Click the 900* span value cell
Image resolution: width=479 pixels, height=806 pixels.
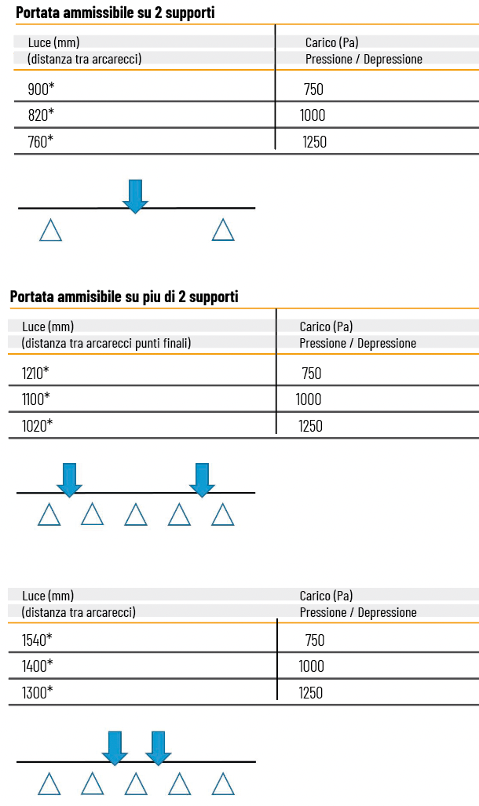click(x=41, y=89)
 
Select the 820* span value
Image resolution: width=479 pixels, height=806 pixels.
click(x=41, y=115)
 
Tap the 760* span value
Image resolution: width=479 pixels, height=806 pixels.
click(x=41, y=141)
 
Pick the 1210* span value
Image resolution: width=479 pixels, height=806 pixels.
click(x=35, y=374)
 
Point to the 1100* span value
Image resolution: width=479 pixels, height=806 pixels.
click(x=36, y=399)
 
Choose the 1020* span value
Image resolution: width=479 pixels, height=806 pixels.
click(x=37, y=425)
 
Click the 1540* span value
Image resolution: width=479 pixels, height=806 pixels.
click(x=37, y=640)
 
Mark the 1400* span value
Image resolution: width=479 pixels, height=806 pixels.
click(x=37, y=666)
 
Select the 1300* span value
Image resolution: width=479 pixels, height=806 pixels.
click(x=37, y=692)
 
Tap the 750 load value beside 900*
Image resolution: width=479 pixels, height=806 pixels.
click(x=313, y=89)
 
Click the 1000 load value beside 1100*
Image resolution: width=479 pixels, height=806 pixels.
click(x=309, y=399)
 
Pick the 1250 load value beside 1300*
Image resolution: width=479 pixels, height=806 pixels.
click(x=311, y=693)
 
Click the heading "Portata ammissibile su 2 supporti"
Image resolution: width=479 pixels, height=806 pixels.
click(x=115, y=13)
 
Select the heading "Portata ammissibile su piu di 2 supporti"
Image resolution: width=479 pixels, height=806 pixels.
click(x=124, y=297)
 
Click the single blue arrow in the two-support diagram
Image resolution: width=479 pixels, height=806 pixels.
click(x=135, y=196)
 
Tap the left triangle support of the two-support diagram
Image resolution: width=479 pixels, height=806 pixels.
click(x=50, y=230)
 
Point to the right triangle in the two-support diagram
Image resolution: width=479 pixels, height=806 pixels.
click(x=223, y=230)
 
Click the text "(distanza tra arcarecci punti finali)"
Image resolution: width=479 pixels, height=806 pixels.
click(x=106, y=343)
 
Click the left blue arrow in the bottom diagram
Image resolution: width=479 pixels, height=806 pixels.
click(x=115, y=749)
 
